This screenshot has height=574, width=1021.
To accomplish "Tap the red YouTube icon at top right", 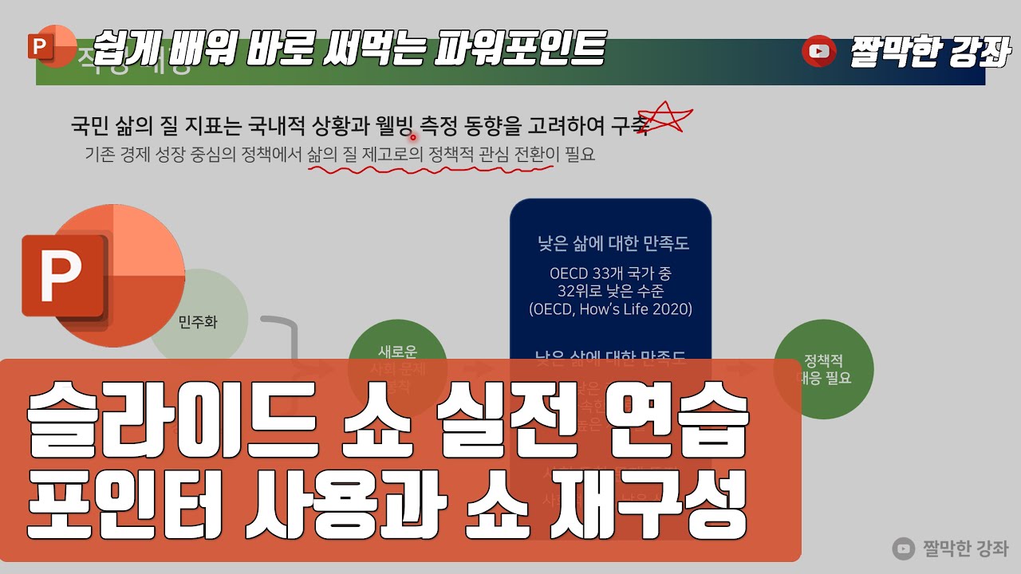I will [818, 52].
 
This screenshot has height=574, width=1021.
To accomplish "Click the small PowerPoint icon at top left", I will [41, 47].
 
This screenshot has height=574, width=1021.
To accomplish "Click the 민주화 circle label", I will [198, 323].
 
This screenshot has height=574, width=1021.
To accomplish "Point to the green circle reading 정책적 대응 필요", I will [824, 369].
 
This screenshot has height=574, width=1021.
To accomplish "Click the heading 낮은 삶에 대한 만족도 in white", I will [613, 244].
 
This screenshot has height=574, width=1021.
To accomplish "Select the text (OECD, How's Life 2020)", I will [610, 309].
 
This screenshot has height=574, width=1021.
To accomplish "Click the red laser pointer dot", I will [413, 137].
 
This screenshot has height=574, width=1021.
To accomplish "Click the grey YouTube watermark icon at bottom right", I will [904, 548].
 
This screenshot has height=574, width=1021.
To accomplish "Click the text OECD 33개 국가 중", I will [610, 273].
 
